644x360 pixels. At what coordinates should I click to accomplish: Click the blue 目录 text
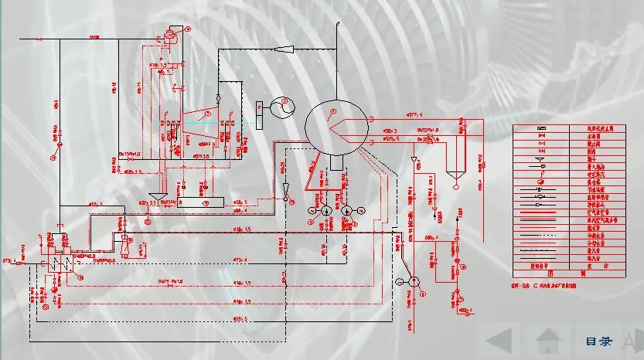pos(598,341)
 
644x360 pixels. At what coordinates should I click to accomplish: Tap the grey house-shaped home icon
pos(548,341)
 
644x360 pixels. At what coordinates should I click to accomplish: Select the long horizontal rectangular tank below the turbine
pos(200,202)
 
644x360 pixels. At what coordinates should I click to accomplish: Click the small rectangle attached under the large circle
pos(336,161)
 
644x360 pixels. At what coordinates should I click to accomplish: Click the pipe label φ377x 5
pos(398,116)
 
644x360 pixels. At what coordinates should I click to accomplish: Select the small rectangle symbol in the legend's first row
pos(540,128)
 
